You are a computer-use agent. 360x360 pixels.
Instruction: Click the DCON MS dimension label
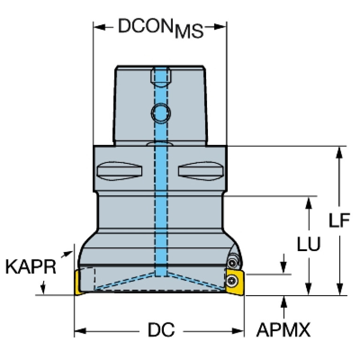click(161, 28)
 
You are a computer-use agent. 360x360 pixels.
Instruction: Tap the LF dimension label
click(339, 221)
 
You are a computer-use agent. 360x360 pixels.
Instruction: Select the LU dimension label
click(309, 244)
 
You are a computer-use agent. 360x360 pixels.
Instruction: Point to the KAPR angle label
click(31, 267)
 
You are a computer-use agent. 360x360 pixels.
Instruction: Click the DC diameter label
click(161, 329)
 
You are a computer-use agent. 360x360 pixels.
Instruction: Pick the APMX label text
click(283, 329)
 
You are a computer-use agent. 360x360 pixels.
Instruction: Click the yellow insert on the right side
click(235, 282)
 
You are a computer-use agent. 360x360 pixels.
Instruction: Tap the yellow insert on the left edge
click(78, 283)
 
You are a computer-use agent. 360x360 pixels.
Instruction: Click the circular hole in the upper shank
click(161, 113)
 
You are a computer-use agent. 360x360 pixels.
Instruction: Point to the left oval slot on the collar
click(120, 171)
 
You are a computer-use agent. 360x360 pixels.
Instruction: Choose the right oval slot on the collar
click(201, 171)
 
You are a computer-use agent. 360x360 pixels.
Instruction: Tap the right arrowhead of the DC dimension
click(238, 331)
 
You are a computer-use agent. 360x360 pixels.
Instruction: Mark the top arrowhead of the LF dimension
click(339, 152)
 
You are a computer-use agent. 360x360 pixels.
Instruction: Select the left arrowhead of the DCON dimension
click(100, 27)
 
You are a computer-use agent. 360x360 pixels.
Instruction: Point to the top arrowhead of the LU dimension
click(309, 203)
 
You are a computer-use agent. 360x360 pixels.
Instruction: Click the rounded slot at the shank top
click(161, 77)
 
